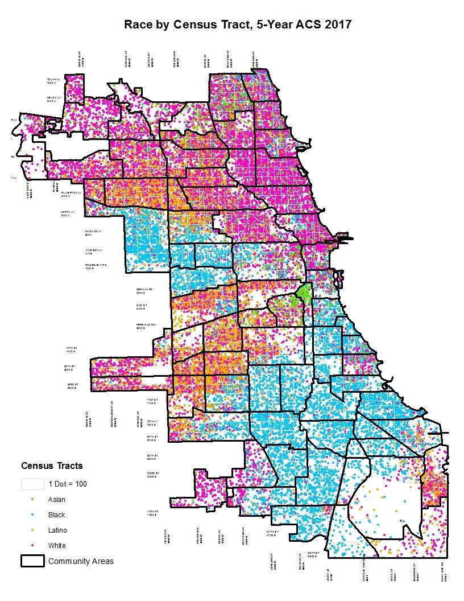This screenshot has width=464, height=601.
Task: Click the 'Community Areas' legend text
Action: [x=81, y=561]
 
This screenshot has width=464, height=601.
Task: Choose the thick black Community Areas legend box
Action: [x=32, y=561]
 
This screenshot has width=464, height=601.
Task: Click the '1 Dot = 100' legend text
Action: [x=68, y=484]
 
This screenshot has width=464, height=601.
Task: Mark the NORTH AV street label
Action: [x=68, y=214]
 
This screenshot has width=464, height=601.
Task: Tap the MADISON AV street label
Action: [x=94, y=251]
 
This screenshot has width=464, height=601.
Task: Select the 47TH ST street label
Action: [x=72, y=349]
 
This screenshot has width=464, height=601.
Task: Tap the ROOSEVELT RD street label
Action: [x=96, y=266]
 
